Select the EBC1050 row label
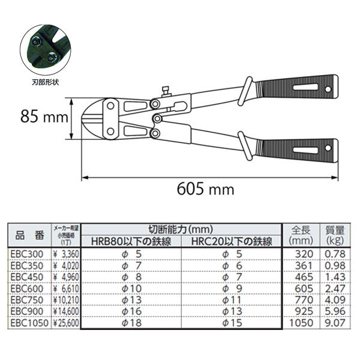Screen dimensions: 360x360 click(28, 323)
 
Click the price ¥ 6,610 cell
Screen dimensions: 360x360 click(64, 289)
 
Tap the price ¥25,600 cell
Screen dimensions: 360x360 click(64, 323)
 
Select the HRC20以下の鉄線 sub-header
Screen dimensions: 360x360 click(232, 242)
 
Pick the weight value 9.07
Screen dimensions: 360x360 click(334, 323)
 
